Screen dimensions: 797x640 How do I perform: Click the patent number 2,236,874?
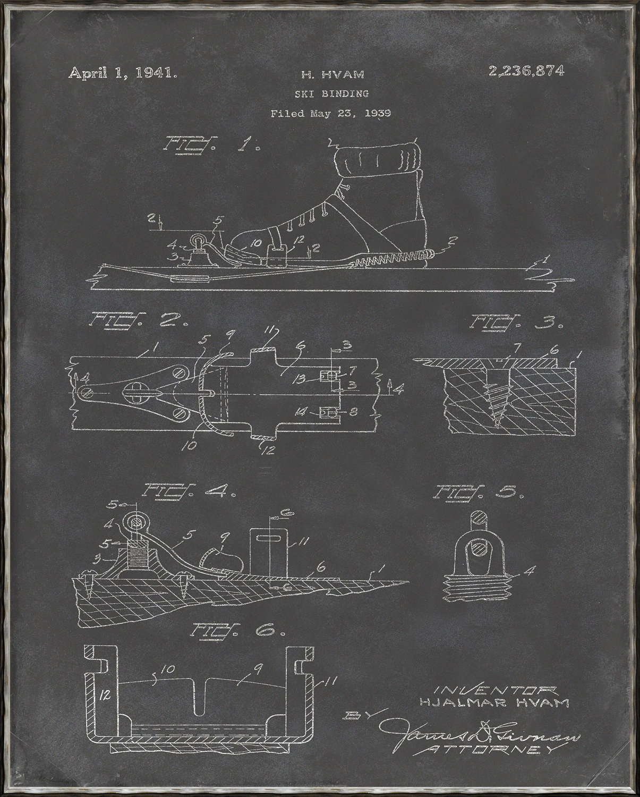click(x=526, y=71)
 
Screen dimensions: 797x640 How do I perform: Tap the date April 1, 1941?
click(x=123, y=73)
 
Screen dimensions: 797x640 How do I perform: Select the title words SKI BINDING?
click(x=331, y=94)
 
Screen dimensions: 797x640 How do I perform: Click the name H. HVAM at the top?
click(x=332, y=76)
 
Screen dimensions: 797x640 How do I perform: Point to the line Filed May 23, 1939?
click(x=331, y=113)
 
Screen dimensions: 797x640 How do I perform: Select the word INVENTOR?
click(x=496, y=690)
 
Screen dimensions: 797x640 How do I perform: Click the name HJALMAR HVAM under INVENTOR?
click(x=494, y=702)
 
